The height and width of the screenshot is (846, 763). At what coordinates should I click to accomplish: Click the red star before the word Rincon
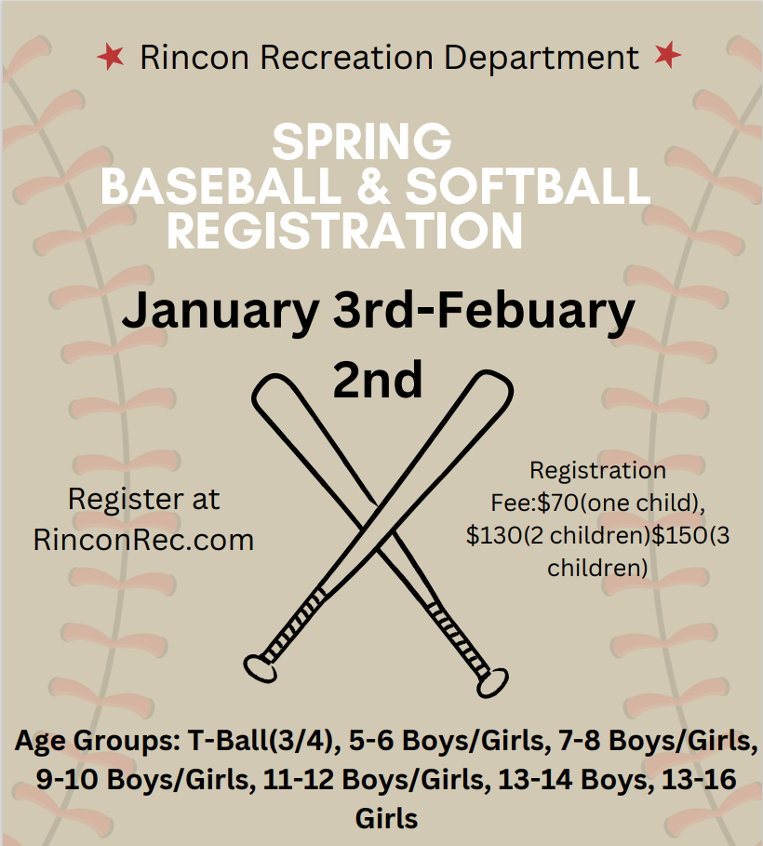tap(110, 58)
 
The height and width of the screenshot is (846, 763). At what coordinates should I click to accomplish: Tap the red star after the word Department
tap(666, 56)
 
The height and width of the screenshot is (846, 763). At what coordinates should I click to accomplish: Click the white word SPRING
tap(361, 142)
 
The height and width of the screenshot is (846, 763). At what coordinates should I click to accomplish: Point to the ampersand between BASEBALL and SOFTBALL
tap(372, 186)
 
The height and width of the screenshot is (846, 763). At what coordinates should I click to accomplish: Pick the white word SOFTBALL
tap(527, 186)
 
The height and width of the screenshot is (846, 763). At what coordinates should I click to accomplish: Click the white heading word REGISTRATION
tap(344, 230)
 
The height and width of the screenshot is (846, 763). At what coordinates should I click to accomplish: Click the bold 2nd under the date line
tap(378, 379)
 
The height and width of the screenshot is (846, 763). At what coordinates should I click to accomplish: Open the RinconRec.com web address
tap(143, 540)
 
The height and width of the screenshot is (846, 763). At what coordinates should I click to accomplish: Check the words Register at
tap(143, 499)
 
